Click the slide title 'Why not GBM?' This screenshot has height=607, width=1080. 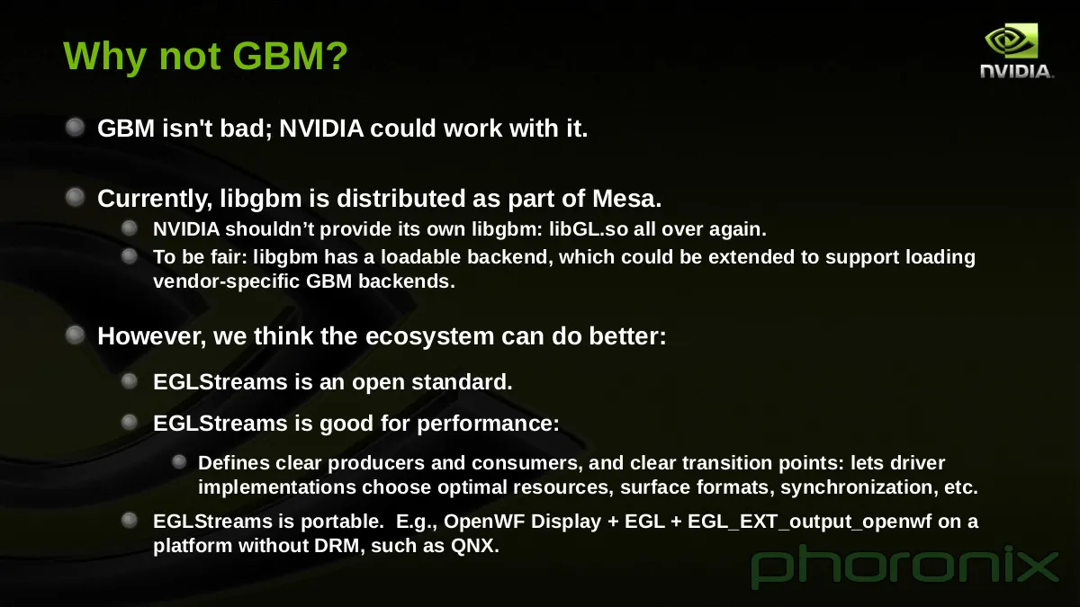point(205,57)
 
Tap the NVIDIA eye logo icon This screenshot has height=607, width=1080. point(1011,40)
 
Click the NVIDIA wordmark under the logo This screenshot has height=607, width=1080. point(1017,71)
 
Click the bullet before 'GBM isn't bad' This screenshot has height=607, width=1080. point(76,128)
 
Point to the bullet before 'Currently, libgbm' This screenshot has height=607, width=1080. point(76,198)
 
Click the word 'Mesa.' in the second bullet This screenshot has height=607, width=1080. point(626,199)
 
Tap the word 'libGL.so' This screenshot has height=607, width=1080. point(589,229)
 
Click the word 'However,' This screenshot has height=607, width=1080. point(152,336)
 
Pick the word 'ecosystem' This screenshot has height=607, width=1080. point(429,336)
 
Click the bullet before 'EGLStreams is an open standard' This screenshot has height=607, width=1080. point(130,381)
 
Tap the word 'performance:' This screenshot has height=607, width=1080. point(488,424)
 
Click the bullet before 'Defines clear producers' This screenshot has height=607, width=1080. point(179,462)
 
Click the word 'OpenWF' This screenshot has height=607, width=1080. point(484,522)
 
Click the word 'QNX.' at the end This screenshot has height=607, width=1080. point(475,547)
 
